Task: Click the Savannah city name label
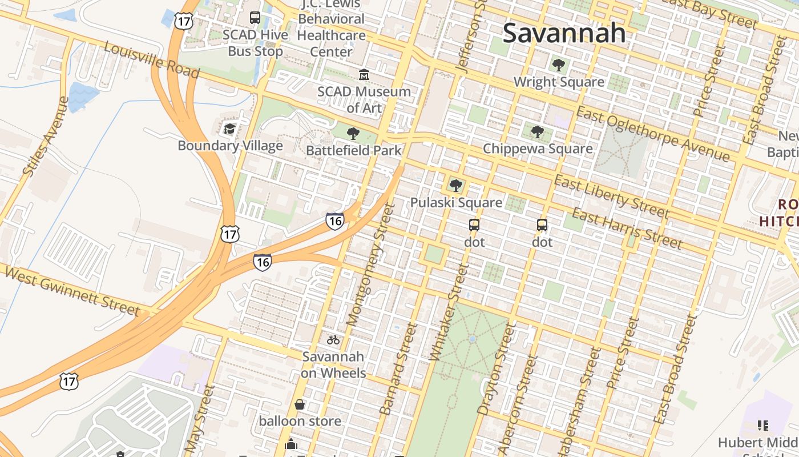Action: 564,33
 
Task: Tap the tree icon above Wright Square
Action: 558,65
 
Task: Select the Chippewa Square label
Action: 538,149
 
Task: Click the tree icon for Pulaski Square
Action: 455,185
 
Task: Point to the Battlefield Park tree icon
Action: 353,134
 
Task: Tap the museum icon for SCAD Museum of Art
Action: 364,75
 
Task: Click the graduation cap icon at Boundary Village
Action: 229,129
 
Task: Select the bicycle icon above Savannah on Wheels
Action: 333,340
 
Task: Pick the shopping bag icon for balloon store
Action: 300,404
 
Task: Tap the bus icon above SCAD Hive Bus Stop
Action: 255,18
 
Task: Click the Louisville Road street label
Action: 152,60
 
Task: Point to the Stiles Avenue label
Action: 46,136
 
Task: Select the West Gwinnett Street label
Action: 71,290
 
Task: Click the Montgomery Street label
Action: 370,265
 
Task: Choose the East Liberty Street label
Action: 611,197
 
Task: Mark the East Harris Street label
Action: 627,229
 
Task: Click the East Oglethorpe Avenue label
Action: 652,134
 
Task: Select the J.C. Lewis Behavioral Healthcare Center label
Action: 331,27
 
